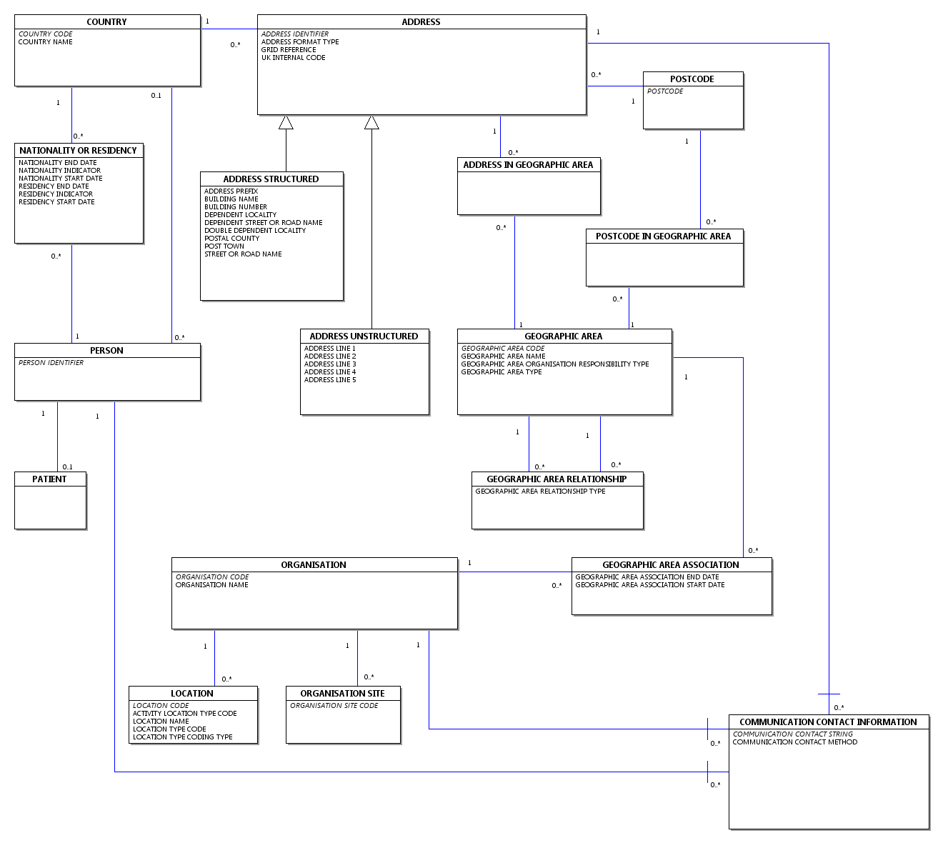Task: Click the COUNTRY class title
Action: pos(106,22)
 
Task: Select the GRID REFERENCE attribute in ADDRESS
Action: pos(289,50)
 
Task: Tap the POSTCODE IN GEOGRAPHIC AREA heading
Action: pos(663,236)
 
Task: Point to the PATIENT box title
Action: pos(49,479)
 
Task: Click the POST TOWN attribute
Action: pos(224,246)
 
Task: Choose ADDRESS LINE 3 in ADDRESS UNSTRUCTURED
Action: pos(330,364)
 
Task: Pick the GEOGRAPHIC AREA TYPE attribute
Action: pos(502,372)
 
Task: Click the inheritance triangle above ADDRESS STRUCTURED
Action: pos(286,122)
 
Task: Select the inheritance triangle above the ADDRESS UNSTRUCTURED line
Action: pos(371,122)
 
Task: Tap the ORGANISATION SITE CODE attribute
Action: pos(334,706)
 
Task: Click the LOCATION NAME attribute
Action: pos(161,722)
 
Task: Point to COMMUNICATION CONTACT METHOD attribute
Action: pos(794,742)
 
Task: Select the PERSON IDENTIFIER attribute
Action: pos(51,363)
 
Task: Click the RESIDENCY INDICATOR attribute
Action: pos(56,194)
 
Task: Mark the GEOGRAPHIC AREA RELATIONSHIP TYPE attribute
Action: pos(540,491)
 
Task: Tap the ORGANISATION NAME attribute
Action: pos(211,585)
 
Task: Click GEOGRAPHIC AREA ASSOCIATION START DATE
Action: pos(650,585)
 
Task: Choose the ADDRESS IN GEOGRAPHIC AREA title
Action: pos(528,165)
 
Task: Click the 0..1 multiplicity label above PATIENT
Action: pos(67,467)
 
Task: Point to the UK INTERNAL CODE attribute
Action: pos(293,58)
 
